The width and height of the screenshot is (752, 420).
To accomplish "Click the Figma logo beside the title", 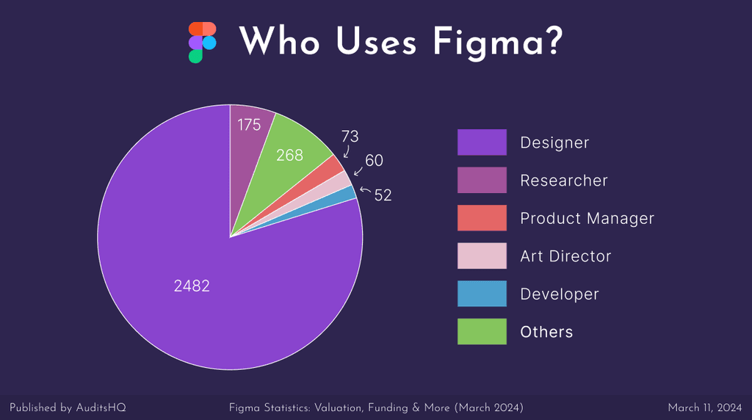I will click(x=202, y=42).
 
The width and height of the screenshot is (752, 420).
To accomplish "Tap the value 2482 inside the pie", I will click(x=192, y=286).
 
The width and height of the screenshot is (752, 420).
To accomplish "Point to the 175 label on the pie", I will click(x=249, y=125).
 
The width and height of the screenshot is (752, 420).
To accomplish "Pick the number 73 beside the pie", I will click(x=350, y=137).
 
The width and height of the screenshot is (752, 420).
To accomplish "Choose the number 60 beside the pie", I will click(x=374, y=160).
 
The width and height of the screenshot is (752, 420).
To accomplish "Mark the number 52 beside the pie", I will click(x=383, y=195).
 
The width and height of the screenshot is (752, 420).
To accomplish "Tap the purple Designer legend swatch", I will click(x=482, y=142).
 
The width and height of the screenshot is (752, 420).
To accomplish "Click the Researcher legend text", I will click(x=564, y=180).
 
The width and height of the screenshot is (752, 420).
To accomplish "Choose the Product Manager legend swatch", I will click(x=482, y=218).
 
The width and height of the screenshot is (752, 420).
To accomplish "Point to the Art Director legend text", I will click(x=565, y=256).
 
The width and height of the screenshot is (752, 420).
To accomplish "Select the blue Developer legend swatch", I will click(x=482, y=294).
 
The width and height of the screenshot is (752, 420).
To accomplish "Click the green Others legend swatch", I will click(x=482, y=332).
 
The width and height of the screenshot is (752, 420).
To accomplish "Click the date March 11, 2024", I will click(x=704, y=407).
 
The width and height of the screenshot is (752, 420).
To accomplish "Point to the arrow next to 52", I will click(x=365, y=190).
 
